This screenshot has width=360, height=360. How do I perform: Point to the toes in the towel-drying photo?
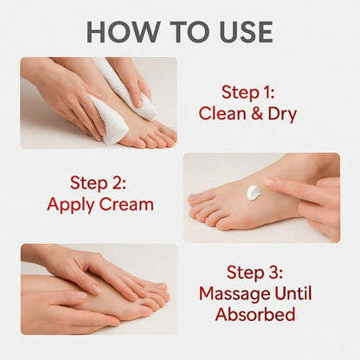(x=156, y=134)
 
